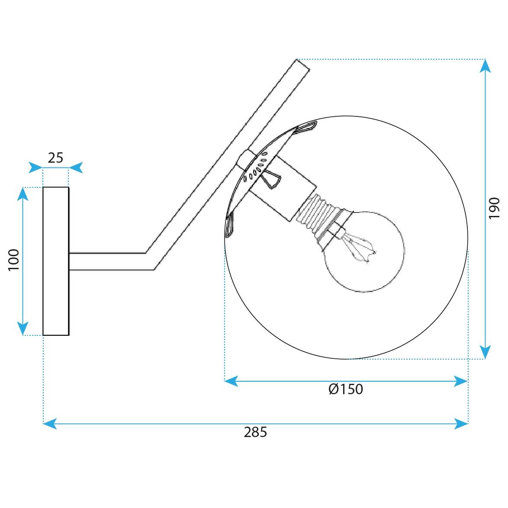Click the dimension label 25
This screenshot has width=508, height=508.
click(x=55, y=158)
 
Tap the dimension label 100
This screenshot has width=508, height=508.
click(x=14, y=260)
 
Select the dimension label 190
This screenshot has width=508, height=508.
click(x=494, y=209)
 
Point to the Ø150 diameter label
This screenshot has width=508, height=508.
click(x=346, y=389)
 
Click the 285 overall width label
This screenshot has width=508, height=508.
click(x=255, y=432)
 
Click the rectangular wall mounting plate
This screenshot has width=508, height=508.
click(x=56, y=261)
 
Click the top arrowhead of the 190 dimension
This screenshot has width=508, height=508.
click(x=485, y=66)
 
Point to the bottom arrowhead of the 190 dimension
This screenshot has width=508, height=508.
click(x=485, y=352)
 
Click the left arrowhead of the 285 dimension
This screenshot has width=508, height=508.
click(x=50, y=423)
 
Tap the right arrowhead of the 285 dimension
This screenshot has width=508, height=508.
click(x=461, y=423)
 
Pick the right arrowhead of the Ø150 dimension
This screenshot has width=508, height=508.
click(x=461, y=381)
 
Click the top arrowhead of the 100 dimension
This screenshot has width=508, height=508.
click(x=23, y=194)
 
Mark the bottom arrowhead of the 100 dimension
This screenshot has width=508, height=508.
click(x=23, y=328)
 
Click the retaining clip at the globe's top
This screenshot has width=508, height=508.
click(x=305, y=127)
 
